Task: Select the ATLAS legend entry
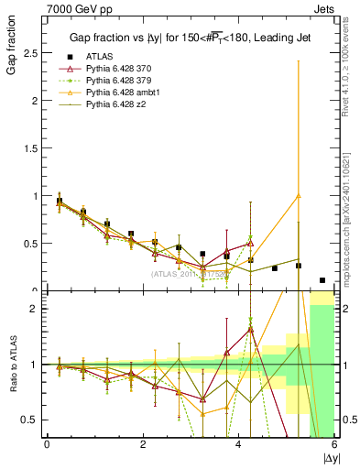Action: click(102, 57)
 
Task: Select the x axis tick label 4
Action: click(239, 444)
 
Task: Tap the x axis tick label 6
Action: click(335, 444)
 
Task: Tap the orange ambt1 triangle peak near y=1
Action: click(299, 195)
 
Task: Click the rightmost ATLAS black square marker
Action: click(322, 280)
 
